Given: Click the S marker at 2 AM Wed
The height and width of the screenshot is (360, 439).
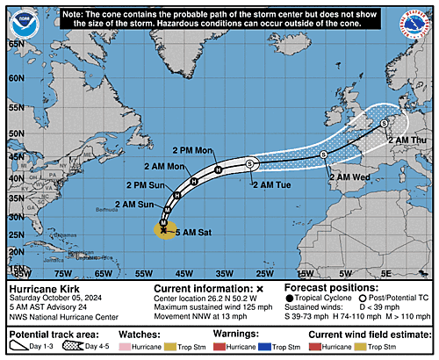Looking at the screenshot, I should coord(324,155).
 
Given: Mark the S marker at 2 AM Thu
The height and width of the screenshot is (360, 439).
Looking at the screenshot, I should coord(384,124).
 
